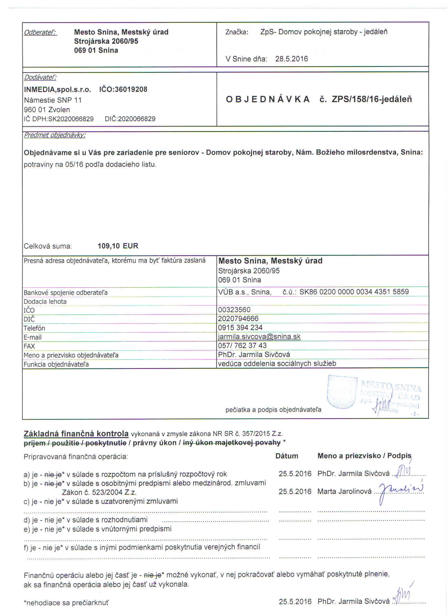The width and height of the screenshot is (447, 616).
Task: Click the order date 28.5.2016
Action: [x=291, y=59]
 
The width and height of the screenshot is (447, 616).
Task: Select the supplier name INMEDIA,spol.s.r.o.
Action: [x=57, y=89]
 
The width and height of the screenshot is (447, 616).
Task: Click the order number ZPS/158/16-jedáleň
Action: [x=372, y=99]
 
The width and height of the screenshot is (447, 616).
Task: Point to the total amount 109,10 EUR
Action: [x=118, y=246]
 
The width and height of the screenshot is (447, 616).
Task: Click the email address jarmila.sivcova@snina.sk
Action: [x=259, y=337]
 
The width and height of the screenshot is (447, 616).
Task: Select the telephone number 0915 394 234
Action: [x=240, y=328]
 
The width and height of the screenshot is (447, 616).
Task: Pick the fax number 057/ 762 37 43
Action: [x=242, y=346]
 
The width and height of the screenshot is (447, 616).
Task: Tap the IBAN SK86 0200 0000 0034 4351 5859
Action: [x=354, y=292]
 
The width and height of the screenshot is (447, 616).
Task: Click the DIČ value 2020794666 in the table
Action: [x=238, y=319]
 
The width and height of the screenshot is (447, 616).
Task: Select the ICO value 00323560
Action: [x=234, y=310]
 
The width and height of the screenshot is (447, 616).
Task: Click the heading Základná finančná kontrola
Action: [x=76, y=434]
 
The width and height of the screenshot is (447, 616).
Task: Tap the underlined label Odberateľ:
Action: [x=40, y=32]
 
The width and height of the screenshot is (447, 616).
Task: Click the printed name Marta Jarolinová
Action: [x=344, y=491]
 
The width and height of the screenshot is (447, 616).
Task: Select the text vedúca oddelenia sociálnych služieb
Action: [x=277, y=364]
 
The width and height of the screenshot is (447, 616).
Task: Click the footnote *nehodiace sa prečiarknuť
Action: [x=66, y=603]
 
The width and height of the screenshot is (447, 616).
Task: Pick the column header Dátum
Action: [x=286, y=456]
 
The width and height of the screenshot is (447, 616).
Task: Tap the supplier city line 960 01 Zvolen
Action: [x=47, y=110]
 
